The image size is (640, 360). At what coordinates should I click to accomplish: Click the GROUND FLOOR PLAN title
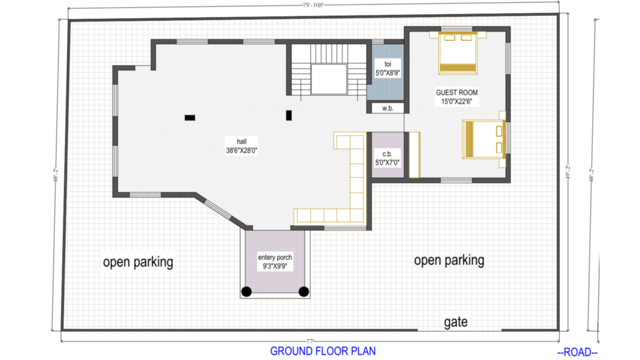pyautogui.click(x=323, y=351)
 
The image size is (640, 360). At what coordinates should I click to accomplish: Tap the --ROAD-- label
pyautogui.click(x=577, y=352)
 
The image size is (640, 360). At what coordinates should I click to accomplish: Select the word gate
pyautogui.click(x=455, y=322)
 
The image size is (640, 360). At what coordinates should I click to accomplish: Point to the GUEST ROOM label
pyautogui.click(x=456, y=92)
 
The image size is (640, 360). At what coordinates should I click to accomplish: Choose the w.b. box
pyautogui.click(x=386, y=108)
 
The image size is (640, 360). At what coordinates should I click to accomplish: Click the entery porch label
pyautogui.click(x=274, y=257)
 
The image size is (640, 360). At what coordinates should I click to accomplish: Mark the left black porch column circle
pyautogui.click(x=246, y=291)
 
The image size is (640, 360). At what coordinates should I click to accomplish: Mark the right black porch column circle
pyautogui.click(x=303, y=291)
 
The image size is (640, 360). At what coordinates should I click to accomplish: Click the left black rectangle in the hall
pyautogui.click(x=190, y=117)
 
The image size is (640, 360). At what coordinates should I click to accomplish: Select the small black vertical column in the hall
pyautogui.click(x=288, y=115)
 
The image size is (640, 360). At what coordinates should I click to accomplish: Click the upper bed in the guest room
pyautogui.click(x=457, y=53)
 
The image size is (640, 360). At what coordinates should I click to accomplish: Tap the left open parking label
pyautogui.click(x=138, y=262)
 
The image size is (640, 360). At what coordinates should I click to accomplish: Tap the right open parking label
pyautogui.click(x=449, y=260)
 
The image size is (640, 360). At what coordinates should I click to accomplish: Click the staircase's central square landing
pyautogui.click(x=328, y=79)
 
